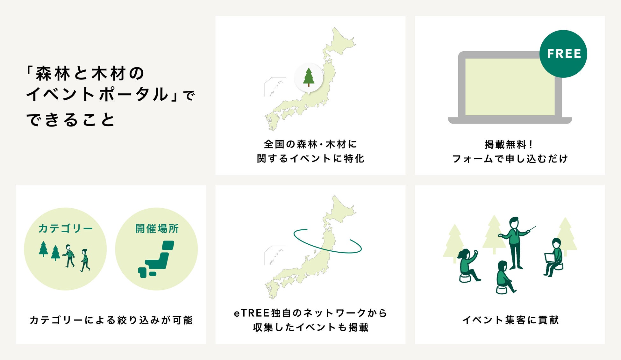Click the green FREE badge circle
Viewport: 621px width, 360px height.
[563, 54]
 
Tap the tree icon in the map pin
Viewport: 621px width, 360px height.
[309, 77]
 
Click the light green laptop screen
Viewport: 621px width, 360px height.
[510, 87]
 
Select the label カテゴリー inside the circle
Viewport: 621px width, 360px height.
[66, 228]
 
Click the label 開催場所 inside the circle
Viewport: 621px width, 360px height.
[157, 228]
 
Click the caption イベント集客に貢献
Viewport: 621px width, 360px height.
[510, 320]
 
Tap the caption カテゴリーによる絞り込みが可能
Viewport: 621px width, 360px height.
[111, 320]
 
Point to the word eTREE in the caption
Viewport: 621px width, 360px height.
[252, 313]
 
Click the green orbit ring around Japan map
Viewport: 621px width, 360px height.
[327, 252]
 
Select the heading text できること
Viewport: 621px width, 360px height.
[71, 120]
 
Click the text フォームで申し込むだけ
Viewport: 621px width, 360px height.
[510, 159]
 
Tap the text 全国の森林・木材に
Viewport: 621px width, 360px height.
[310, 144]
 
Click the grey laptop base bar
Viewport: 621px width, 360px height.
[510, 120]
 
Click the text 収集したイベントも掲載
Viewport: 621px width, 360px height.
[310, 327]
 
